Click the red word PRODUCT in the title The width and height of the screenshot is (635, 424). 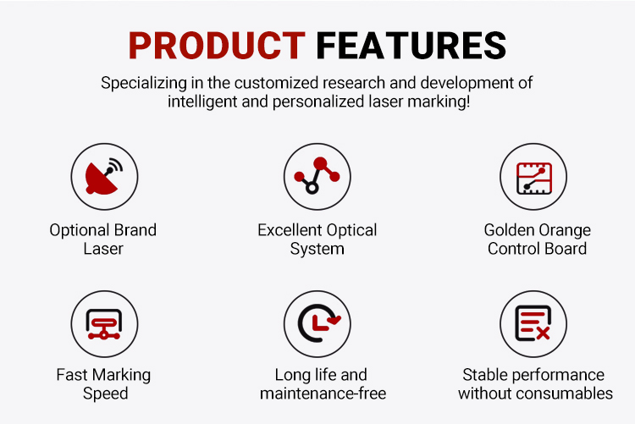point(217,46)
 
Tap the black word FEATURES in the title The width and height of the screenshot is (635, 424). point(411,46)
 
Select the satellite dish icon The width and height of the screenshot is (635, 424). point(104,177)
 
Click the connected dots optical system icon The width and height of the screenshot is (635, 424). point(317,175)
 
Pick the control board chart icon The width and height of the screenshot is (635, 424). point(533,179)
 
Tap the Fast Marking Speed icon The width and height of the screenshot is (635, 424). point(104,324)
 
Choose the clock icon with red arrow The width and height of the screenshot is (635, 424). point(319,323)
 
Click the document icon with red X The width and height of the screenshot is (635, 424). point(533,323)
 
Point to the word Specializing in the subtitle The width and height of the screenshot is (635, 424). point(144,84)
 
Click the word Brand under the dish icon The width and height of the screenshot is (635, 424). point(135,229)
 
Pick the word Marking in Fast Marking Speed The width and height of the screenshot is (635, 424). point(121,376)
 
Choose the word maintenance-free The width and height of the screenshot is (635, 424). point(323,394)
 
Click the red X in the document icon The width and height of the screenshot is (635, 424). point(543,333)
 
